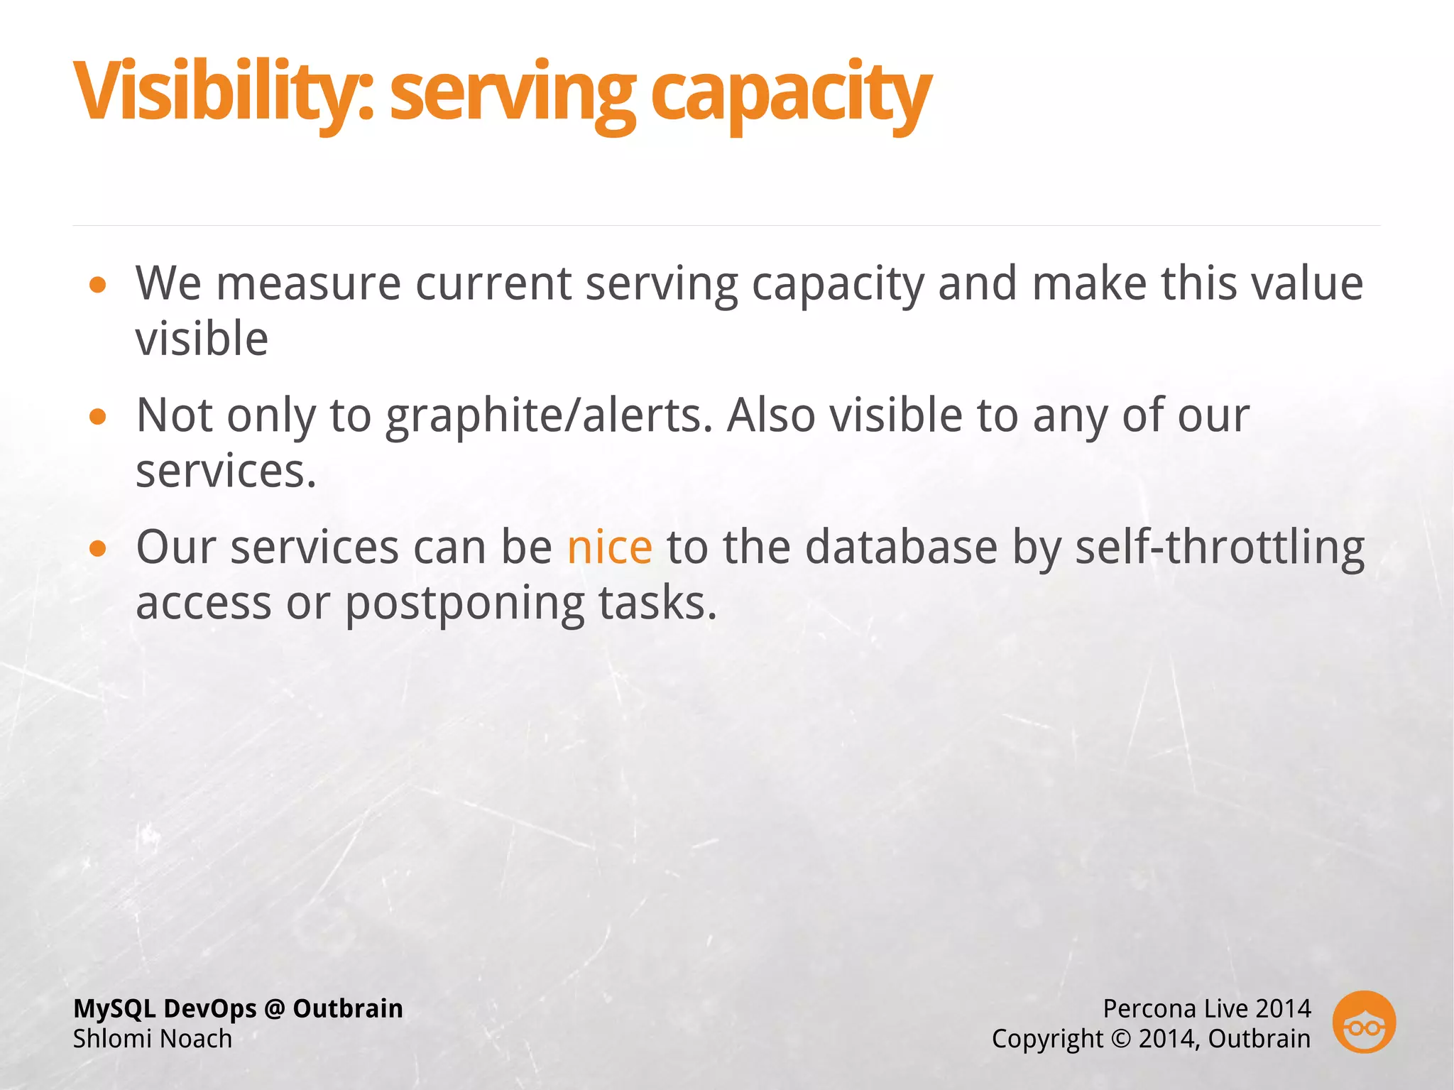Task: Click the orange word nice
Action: [x=609, y=547]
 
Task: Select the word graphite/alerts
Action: [x=549, y=415]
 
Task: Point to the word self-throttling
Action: [x=1219, y=547]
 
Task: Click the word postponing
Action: [x=464, y=604]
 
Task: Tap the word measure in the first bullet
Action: [x=308, y=284]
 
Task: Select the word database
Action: [x=901, y=547]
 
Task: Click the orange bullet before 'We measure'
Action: [x=98, y=285]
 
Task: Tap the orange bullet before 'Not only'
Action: [x=98, y=417]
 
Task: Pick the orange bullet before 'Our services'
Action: [x=98, y=548]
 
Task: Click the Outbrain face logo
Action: [x=1363, y=1023]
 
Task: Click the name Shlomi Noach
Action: [x=153, y=1039]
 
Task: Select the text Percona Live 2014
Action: [x=1206, y=1008]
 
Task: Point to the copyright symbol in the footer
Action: [x=1120, y=1039]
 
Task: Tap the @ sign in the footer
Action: [x=274, y=1009]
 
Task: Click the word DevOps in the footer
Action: [x=209, y=1009]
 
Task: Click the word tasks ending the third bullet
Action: [x=657, y=604]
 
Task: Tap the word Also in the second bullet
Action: [x=770, y=415]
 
